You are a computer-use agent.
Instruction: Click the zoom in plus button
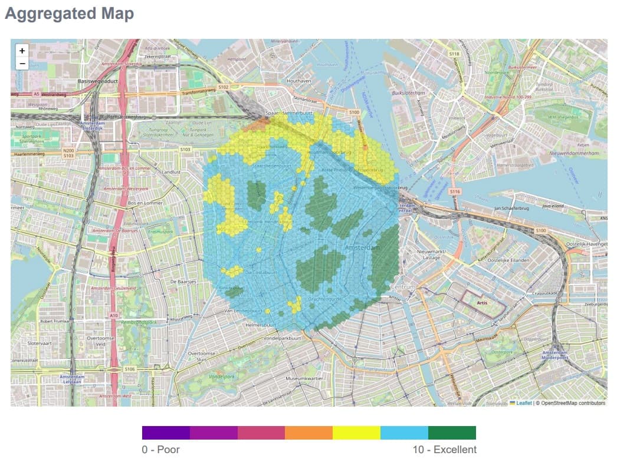tap(22, 51)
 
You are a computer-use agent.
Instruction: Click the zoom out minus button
tap(22, 64)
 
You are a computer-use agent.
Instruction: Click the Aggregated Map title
tap(69, 13)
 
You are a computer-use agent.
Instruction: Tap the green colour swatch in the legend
tap(452, 433)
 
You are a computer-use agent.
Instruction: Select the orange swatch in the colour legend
tap(308, 433)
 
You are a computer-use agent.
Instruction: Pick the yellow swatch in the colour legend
tap(356, 433)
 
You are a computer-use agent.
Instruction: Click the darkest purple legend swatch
tap(166, 433)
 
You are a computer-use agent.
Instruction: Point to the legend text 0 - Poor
tap(160, 450)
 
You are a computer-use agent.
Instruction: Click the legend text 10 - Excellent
tap(444, 450)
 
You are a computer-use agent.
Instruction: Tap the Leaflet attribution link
tap(524, 403)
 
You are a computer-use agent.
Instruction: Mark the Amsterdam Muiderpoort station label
tap(557, 355)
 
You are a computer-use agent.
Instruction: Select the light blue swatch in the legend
tap(404, 433)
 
